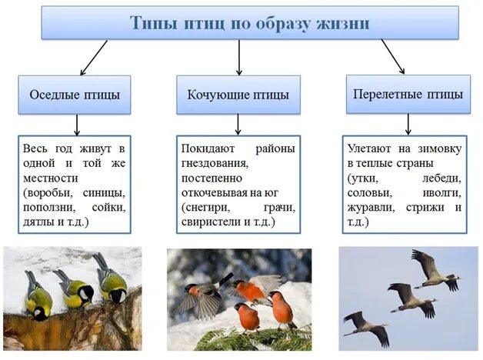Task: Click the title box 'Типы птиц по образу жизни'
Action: coord(250,22)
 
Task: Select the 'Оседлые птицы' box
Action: coord(75,95)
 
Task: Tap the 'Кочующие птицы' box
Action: coord(238,95)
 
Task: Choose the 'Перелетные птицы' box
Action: coord(408,95)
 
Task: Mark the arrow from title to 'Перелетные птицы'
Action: coord(393,56)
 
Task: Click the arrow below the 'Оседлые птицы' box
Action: coord(76,125)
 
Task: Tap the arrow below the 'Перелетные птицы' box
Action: coord(408,124)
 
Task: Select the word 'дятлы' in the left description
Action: coord(37,222)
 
